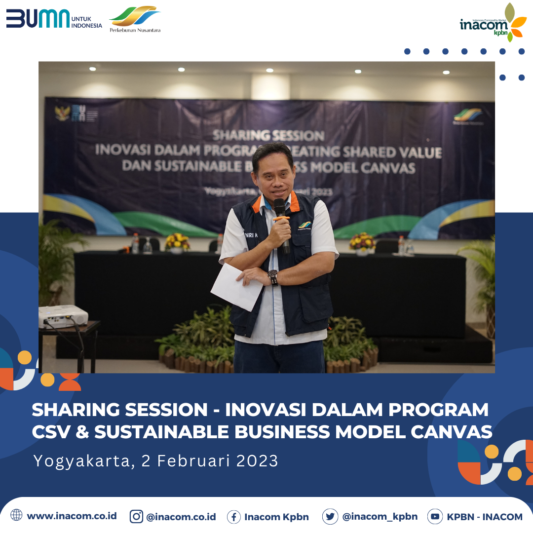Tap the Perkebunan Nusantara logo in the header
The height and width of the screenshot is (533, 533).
pos(135,19)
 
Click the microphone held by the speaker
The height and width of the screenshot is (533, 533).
pos(281,217)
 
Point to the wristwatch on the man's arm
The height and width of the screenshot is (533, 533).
pos(272,277)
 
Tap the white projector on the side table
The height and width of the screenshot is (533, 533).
pos(63,316)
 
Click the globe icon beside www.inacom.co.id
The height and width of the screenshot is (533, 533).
pos(16,515)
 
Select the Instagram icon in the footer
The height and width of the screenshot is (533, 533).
pos(136,516)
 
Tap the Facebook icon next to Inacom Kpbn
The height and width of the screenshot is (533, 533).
pos(234,517)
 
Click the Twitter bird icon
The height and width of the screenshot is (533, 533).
pos(330,516)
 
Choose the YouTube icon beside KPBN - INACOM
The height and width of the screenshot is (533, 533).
pos(435,516)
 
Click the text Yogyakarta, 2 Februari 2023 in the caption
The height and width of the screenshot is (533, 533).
pos(156,461)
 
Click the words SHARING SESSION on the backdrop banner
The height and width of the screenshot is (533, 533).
pos(268,136)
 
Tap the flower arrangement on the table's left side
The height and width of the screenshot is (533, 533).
pos(177,242)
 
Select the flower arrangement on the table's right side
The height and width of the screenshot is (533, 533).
pos(362,242)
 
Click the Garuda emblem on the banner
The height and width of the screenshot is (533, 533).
pos(63,114)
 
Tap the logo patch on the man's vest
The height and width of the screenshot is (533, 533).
pos(305,226)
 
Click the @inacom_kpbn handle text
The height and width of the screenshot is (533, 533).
pos(380,517)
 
